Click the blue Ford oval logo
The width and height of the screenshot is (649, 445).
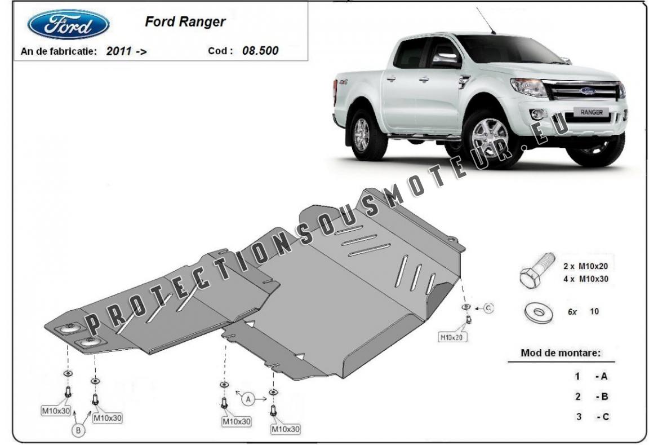coord(68,24)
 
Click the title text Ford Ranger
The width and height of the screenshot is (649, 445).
coord(185,21)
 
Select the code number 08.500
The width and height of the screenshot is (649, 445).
coord(260,51)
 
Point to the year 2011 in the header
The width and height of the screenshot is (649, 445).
coord(119,51)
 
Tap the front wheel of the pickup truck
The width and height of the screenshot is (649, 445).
coord(489,139)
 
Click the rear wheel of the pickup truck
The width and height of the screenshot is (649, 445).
coord(363,135)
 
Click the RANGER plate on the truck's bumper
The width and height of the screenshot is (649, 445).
coord(591,112)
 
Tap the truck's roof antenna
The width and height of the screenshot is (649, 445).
coord(486,20)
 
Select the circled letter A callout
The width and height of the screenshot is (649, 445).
coord(248,399)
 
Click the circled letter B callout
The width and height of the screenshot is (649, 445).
coord(78,430)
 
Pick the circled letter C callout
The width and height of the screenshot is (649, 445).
coord(488,308)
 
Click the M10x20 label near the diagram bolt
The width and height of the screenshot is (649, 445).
coord(452,337)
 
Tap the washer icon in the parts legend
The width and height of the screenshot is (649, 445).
coord(538,313)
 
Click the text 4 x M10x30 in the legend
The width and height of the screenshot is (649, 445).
coord(586,279)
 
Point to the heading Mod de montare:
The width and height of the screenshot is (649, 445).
coord(561,353)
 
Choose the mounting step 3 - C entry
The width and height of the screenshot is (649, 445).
coord(592,416)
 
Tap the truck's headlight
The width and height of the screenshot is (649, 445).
coord(528,87)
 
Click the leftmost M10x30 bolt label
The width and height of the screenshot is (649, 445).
coord(56,411)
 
